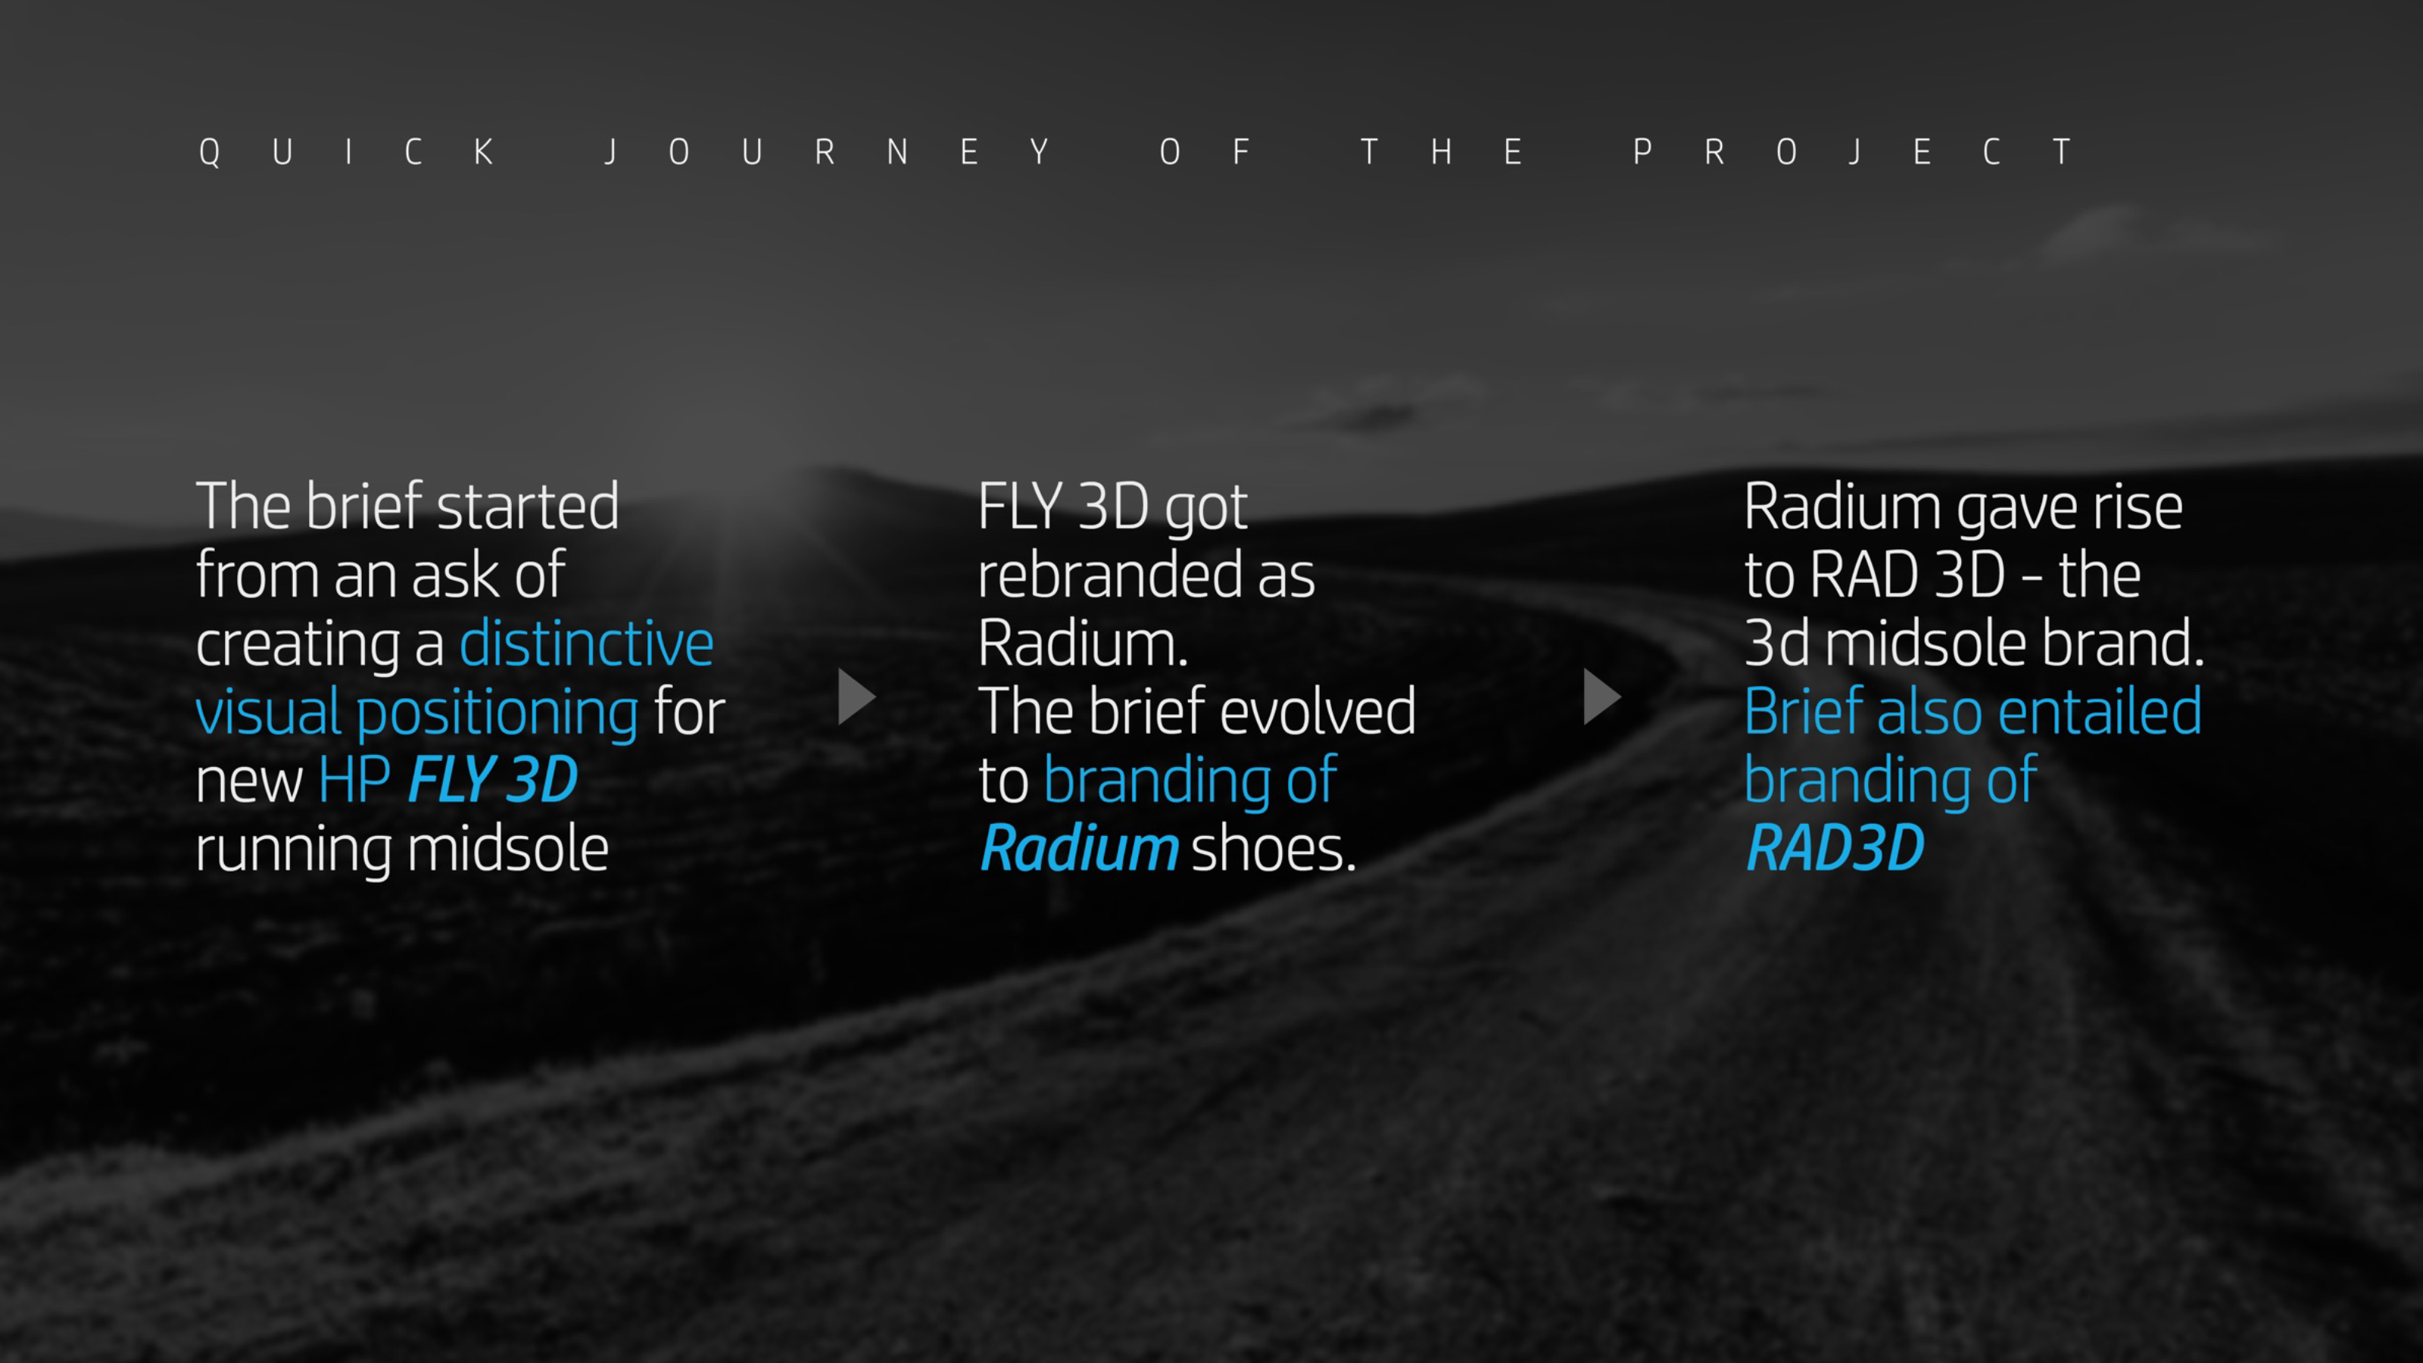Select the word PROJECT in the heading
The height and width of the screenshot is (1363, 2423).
pos(1851,151)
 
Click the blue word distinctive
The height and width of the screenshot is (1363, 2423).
pos(586,644)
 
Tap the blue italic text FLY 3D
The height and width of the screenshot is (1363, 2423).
pos(493,780)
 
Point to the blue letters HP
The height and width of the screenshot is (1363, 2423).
pos(354,780)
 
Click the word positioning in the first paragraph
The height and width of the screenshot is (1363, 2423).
pos(497,712)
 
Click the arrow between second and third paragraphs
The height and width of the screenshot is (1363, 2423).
pos(1600,697)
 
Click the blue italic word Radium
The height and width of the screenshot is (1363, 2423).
pos(1078,848)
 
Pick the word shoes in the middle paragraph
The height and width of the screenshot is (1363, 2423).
pos(1273,848)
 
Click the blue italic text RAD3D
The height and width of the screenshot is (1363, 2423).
pos(1834,848)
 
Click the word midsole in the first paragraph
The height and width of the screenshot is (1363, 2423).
pos(507,848)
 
